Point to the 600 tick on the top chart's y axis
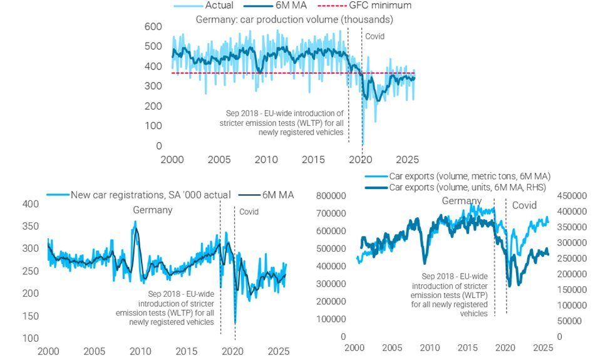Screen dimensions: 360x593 click(x=153, y=27)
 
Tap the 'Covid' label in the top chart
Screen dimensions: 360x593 click(x=374, y=36)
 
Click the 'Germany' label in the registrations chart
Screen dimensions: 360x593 click(x=152, y=210)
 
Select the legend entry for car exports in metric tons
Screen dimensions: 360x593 click(x=469, y=177)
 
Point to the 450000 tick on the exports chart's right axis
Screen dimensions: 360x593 click(x=570, y=195)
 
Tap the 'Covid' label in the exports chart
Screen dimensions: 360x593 click(x=524, y=205)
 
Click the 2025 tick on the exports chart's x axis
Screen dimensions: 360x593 click(x=542, y=347)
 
